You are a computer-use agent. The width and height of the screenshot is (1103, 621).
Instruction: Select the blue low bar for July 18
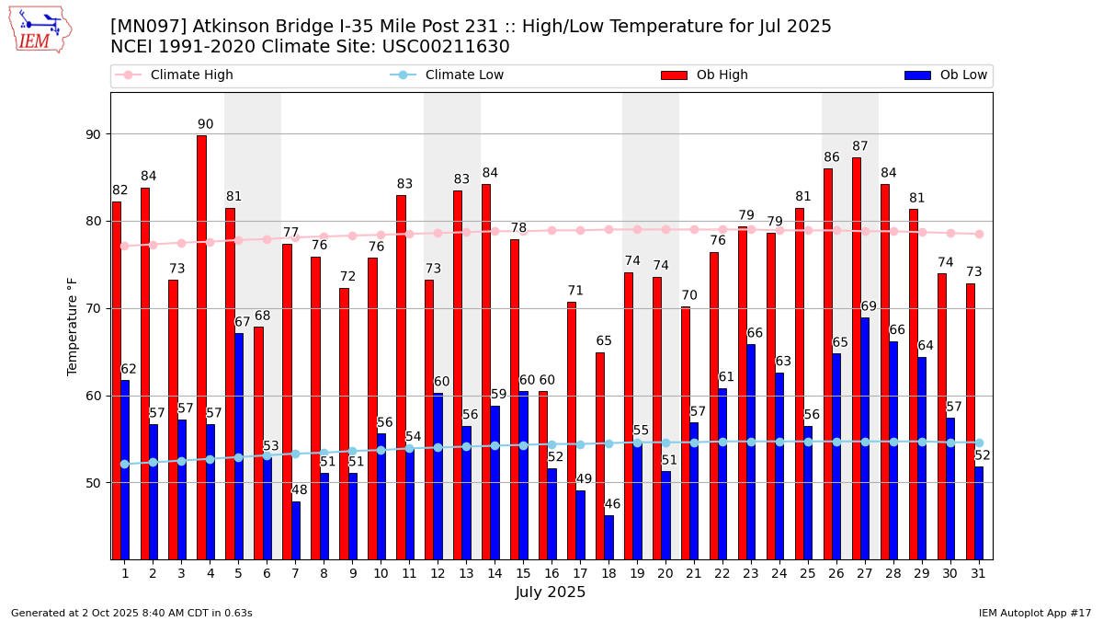(608, 537)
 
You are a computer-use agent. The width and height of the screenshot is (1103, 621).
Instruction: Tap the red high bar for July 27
(857, 358)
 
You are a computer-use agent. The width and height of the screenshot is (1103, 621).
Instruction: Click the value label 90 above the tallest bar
(205, 124)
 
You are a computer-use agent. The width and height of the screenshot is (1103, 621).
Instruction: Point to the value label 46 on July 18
(612, 504)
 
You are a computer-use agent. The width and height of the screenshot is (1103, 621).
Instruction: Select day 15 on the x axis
(523, 573)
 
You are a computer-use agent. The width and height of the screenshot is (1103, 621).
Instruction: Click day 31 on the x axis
(979, 573)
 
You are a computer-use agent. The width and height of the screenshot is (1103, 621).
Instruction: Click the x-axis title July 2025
(551, 592)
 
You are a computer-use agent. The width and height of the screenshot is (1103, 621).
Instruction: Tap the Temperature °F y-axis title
(74, 326)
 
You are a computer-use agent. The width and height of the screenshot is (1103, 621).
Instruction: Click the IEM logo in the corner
(40, 29)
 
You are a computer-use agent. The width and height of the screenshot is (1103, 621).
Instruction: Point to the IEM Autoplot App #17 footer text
(1034, 613)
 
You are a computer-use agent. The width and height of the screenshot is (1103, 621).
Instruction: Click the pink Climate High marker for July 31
(979, 234)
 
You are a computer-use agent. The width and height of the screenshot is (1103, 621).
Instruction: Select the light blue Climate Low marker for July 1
(124, 464)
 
